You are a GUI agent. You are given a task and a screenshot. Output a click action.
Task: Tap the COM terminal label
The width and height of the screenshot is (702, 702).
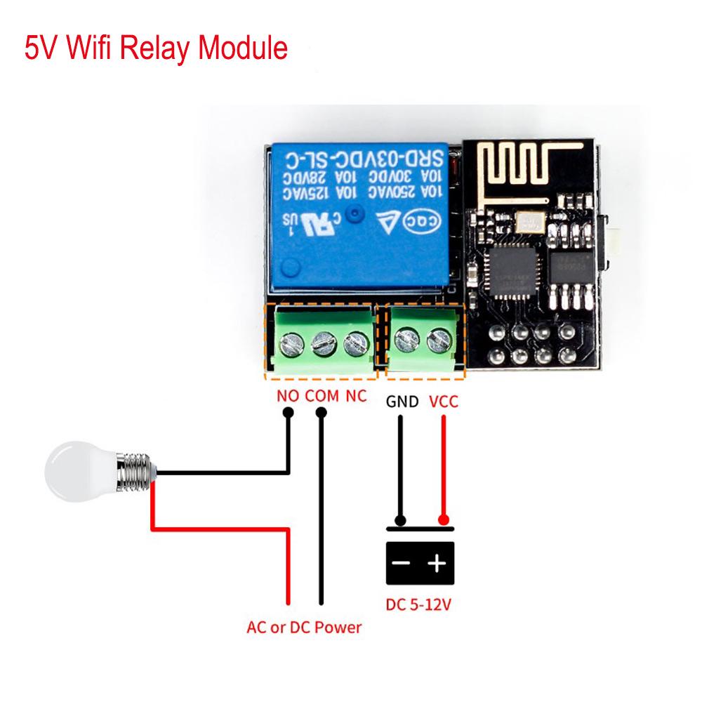322,395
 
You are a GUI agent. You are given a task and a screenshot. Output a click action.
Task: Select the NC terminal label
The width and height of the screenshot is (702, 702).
356,395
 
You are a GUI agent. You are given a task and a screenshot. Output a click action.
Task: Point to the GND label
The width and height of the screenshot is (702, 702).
402,402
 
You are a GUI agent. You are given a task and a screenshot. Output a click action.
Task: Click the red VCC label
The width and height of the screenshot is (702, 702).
443,402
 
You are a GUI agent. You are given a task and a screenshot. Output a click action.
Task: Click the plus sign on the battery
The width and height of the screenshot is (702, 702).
437,563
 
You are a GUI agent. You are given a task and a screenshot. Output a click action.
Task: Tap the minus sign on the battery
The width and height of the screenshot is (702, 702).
402,563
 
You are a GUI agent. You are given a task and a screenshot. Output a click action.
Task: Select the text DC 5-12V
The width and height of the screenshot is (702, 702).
418,604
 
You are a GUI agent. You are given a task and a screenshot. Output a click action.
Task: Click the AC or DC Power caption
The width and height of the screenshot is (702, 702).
304,627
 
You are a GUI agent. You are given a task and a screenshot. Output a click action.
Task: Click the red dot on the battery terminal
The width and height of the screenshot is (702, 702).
443,520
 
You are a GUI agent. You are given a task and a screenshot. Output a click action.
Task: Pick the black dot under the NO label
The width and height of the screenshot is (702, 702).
287,413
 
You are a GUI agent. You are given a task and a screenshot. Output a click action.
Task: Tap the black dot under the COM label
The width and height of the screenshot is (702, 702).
322,413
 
